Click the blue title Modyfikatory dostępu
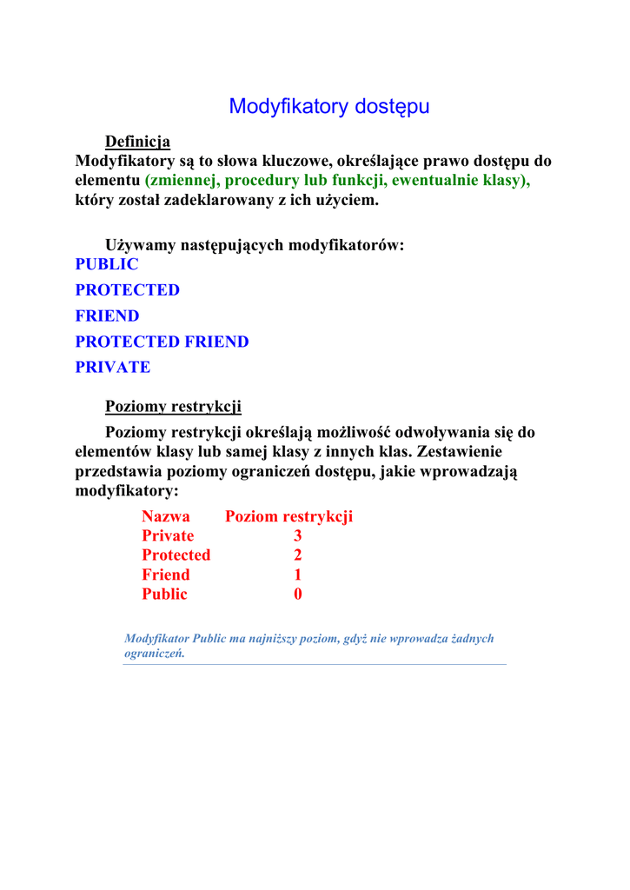(x=329, y=107)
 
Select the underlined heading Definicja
(x=137, y=142)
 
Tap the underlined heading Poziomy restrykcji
(x=173, y=406)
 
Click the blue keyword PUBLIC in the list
(x=107, y=264)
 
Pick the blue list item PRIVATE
(x=113, y=367)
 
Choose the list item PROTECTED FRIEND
(x=162, y=342)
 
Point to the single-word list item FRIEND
(x=107, y=315)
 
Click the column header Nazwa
(x=165, y=516)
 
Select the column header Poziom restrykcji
(x=288, y=516)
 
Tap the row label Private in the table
(x=168, y=535)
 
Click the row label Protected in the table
(x=176, y=555)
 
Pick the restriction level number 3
(x=298, y=535)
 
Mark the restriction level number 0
(x=298, y=594)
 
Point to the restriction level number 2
(x=298, y=555)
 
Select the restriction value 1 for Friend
(x=298, y=575)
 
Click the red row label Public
(x=164, y=594)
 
